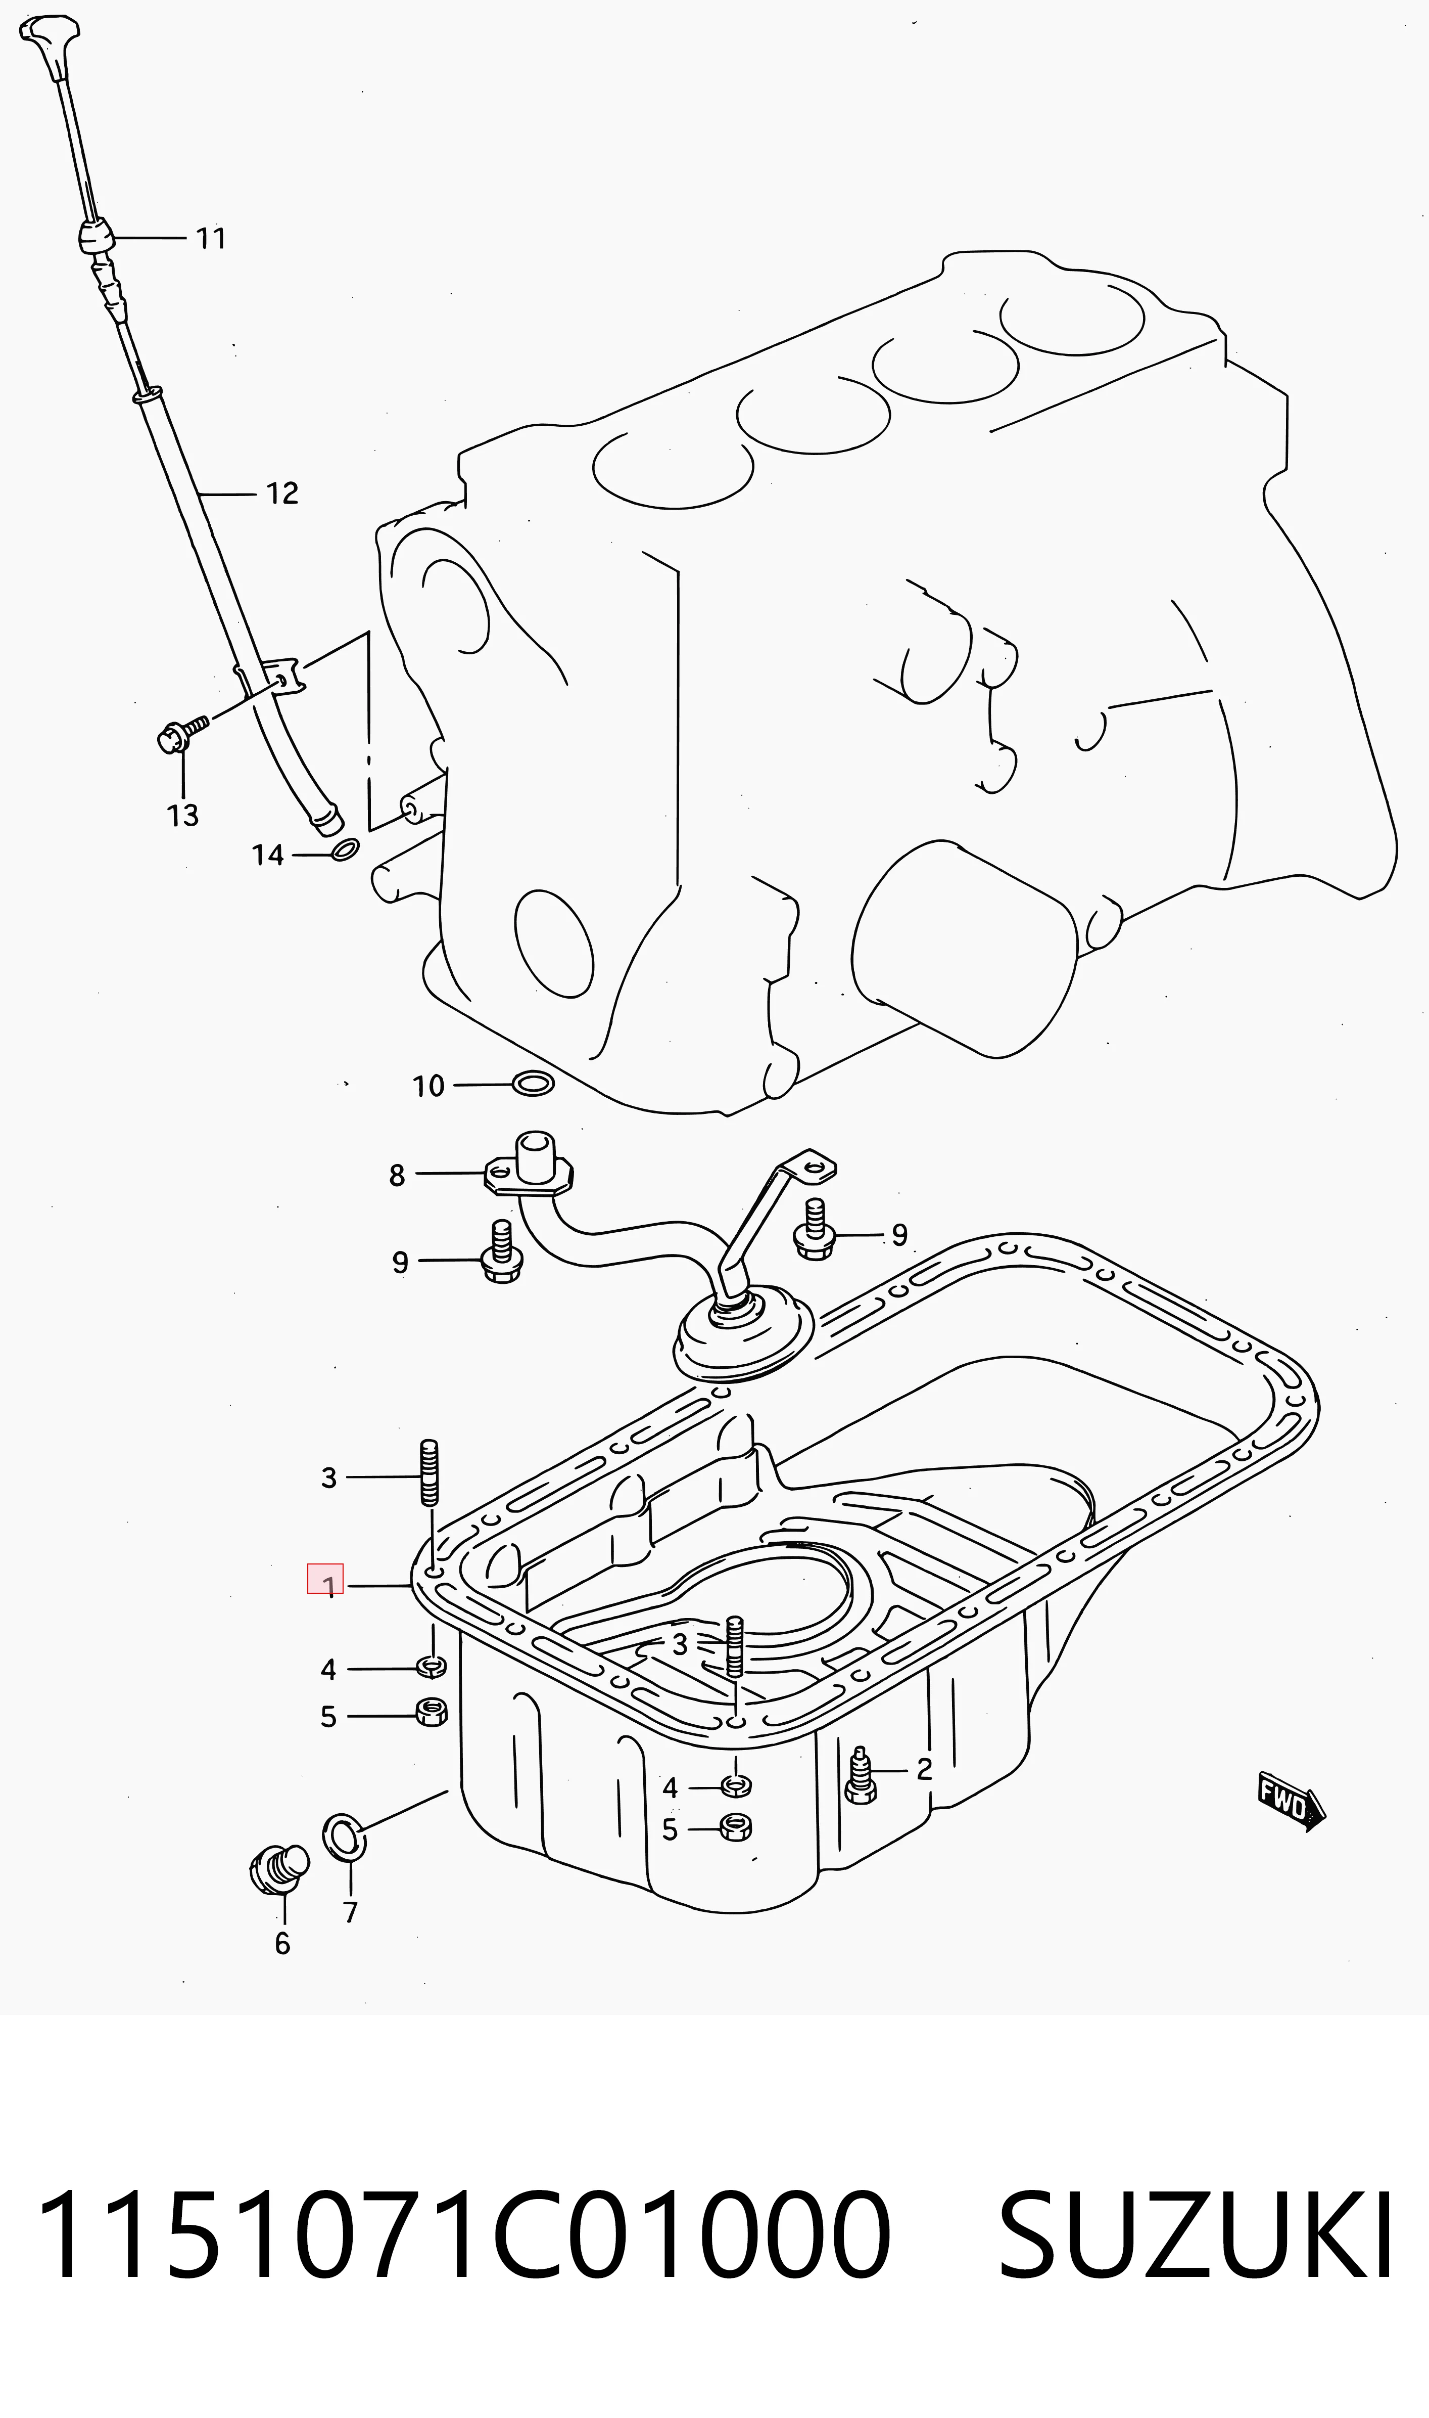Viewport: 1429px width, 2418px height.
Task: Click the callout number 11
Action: click(x=211, y=238)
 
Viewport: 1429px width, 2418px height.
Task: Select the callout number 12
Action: click(x=282, y=493)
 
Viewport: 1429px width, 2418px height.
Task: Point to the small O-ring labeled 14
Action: click(x=345, y=849)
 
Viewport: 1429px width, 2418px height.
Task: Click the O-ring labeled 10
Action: click(x=533, y=1084)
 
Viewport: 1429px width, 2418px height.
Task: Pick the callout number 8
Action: click(x=397, y=1175)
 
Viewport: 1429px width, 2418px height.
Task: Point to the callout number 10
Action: click(x=428, y=1087)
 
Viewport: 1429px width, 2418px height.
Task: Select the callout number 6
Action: click(x=282, y=1944)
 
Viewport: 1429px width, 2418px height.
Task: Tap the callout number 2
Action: click(x=924, y=1770)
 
